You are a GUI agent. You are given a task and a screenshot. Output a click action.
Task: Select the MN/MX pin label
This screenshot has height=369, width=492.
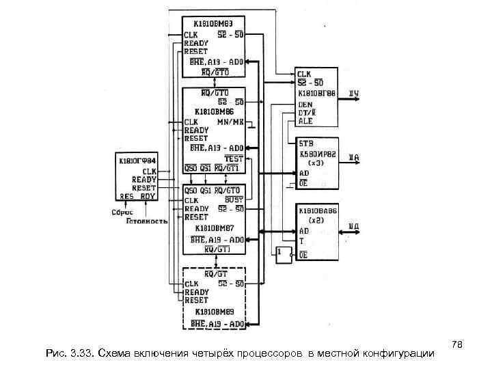(230, 121)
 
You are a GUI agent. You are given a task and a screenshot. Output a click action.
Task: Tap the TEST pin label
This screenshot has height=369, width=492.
(234, 157)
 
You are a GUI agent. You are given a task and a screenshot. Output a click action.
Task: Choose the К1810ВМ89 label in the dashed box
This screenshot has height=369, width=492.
(214, 312)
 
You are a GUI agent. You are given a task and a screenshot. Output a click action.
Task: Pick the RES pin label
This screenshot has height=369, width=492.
(127, 196)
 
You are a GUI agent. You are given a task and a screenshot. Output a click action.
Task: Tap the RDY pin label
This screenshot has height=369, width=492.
(148, 196)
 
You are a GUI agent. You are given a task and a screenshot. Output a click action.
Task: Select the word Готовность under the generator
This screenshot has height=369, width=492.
(147, 221)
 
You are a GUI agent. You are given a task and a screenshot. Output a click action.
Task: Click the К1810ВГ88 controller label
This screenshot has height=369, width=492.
(316, 94)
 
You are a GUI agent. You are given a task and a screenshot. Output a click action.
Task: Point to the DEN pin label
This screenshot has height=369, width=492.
(305, 104)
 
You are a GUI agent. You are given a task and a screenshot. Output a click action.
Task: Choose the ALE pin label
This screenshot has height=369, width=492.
(305, 120)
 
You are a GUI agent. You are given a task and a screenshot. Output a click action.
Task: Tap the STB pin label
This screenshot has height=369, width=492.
(305, 145)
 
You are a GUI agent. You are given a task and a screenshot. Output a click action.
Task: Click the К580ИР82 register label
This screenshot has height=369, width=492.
(316, 155)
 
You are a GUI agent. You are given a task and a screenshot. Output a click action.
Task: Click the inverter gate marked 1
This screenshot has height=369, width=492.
(281, 252)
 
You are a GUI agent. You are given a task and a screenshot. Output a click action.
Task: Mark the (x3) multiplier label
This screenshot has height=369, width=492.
(316, 164)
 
